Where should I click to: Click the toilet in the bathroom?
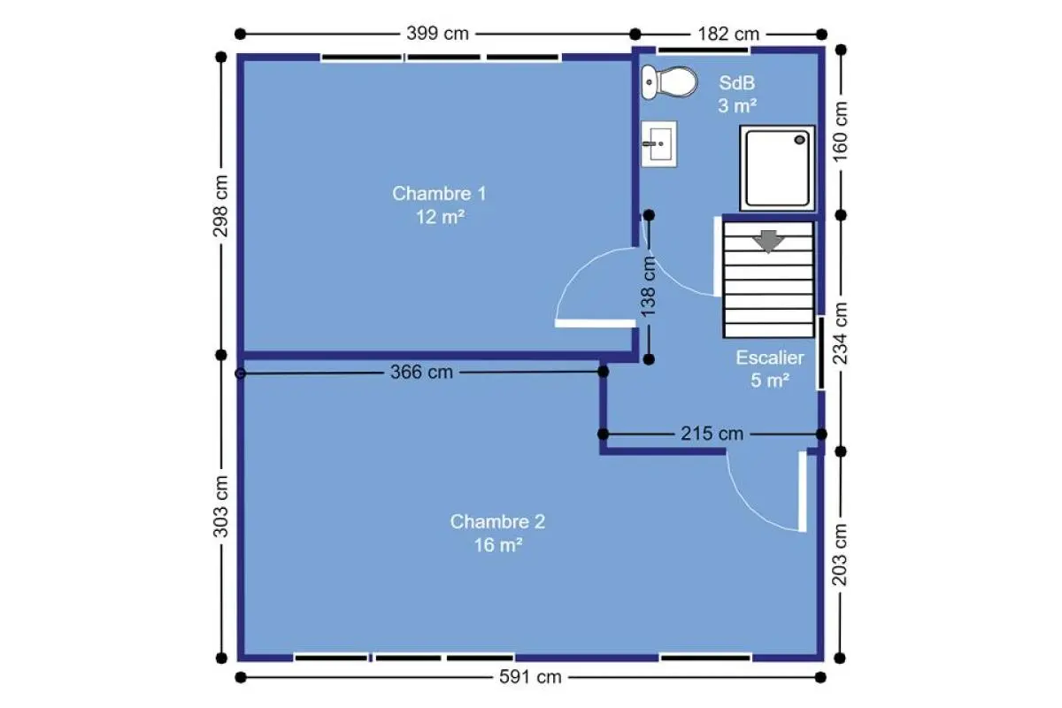pyautogui.click(x=669, y=82)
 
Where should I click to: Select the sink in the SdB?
pyautogui.click(x=658, y=143)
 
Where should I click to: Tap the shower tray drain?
pyautogui.click(x=800, y=140)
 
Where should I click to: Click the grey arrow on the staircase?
pyautogui.click(x=768, y=242)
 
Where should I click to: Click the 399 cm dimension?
pyautogui.click(x=437, y=34)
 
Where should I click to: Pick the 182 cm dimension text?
pyautogui.click(x=728, y=35)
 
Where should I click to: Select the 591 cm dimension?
pyautogui.click(x=530, y=677)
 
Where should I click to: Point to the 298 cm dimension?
pyautogui.click(x=220, y=206)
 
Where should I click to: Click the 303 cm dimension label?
pyautogui.click(x=220, y=506)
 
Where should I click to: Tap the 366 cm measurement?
pyautogui.click(x=421, y=373)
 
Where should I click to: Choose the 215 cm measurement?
pyautogui.click(x=712, y=434)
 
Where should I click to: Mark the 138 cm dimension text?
pyautogui.click(x=648, y=287)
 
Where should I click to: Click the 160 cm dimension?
pyautogui.click(x=840, y=131)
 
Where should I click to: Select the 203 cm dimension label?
pyautogui.click(x=840, y=555)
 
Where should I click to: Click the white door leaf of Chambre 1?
pyautogui.click(x=595, y=323)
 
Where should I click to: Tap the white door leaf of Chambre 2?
pyautogui.click(x=802, y=492)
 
